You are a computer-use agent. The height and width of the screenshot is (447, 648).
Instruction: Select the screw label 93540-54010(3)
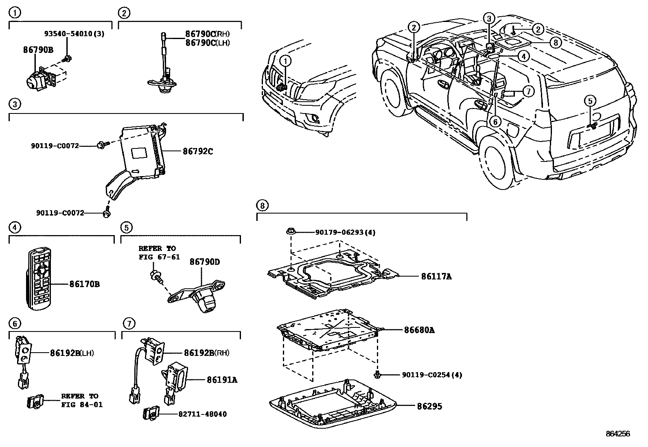point(74,34)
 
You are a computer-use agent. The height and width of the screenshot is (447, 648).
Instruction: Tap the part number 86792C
point(198,152)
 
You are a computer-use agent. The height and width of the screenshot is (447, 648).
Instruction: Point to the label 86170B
point(85,284)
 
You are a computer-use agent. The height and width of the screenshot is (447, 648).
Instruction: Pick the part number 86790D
point(204,262)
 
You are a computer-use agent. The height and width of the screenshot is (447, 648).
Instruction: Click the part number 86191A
point(222,379)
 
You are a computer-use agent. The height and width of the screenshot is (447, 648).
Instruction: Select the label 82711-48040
point(202,414)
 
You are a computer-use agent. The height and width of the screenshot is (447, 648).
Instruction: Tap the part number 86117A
point(436,277)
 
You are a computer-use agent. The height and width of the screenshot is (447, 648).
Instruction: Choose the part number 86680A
point(419,330)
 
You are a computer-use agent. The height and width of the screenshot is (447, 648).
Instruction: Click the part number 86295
point(429,406)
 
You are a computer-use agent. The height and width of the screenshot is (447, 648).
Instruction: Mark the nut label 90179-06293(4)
point(345,232)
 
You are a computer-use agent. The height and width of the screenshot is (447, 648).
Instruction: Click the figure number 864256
point(617,434)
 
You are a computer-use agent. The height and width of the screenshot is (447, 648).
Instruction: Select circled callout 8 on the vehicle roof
point(555,42)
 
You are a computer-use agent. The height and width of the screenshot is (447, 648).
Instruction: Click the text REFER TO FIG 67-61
point(159,253)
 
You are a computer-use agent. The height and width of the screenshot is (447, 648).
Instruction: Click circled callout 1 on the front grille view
point(286,61)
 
